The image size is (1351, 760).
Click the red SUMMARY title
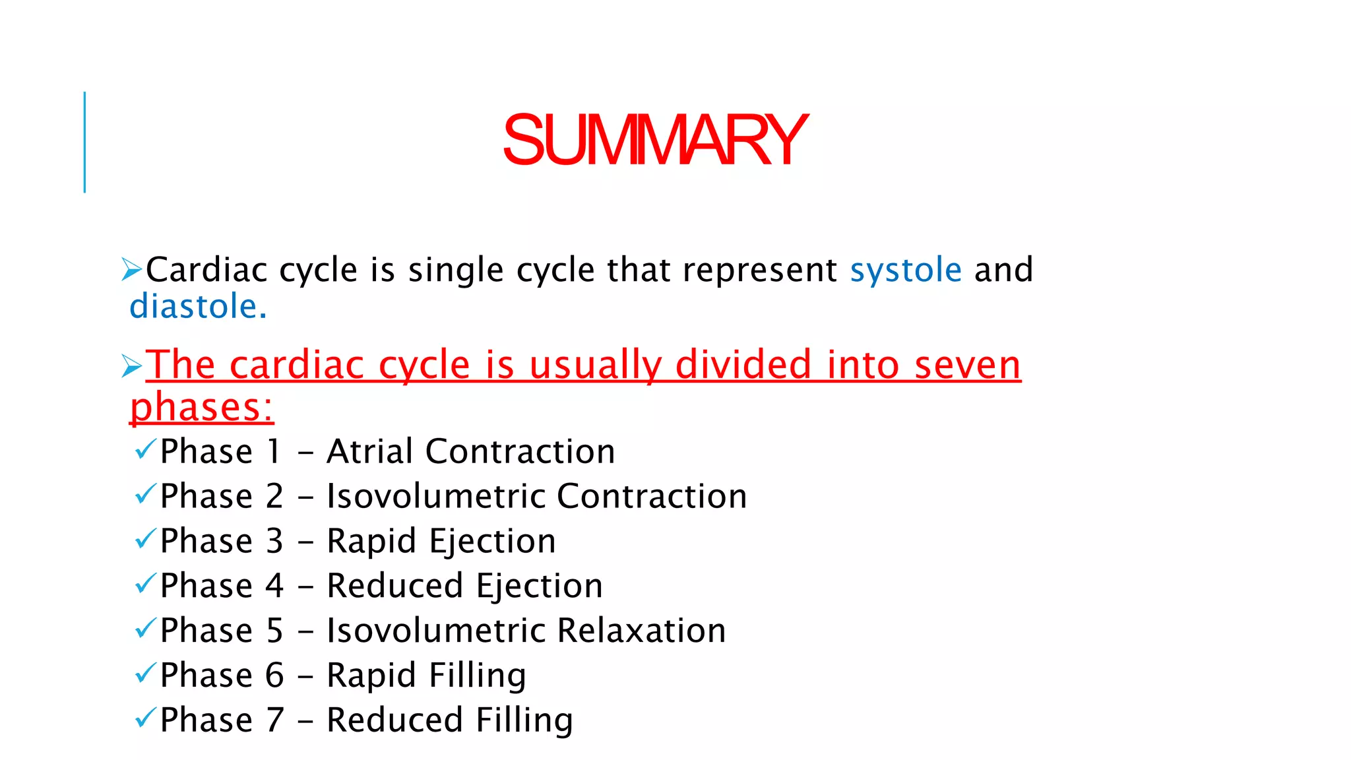[x=654, y=140]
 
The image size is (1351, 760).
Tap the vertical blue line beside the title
[x=84, y=142]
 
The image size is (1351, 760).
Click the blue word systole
[x=906, y=270]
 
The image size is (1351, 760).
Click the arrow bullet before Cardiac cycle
[x=132, y=270]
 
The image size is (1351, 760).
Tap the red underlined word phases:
[x=201, y=407]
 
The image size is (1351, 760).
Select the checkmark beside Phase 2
[x=145, y=494]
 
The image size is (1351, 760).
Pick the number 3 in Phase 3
[x=274, y=541]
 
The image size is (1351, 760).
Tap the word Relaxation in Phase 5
[x=641, y=631]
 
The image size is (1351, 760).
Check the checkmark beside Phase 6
[x=145, y=674]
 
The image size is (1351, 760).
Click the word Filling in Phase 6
[x=478, y=676]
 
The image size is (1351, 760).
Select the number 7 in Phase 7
[x=274, y=720]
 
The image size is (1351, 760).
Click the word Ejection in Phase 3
[x=493, y=542]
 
